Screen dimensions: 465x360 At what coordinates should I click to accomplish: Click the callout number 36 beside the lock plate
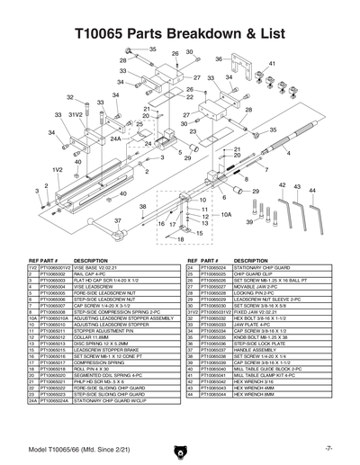pyautogui.click(x=219, y=59)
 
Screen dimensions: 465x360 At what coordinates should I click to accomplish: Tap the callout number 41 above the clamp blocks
pyautogui.click(x=272, y=64)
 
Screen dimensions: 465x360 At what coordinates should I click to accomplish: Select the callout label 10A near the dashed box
pyautogui.click(x=227, y=216)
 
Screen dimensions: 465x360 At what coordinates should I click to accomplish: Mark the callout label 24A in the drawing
pyautogui.click(x=115, y=140)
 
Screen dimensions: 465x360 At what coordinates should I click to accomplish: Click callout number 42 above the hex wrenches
pyautogui.click(x=283, y=186)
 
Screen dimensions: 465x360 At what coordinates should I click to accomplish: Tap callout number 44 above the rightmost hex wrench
pyautogui.click(x=311, y=190)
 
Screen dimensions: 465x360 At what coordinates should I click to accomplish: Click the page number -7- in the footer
pyautogui.click(x=330, y=447)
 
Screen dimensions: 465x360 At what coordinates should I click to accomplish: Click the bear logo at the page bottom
pyautogui.click(x=180, y=447)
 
